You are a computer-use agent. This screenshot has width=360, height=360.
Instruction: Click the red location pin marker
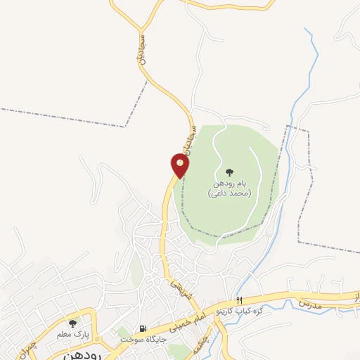pos(180,166)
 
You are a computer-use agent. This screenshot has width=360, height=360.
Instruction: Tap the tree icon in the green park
pos(229,172)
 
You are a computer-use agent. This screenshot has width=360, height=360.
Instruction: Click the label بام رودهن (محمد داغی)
pos(229,188)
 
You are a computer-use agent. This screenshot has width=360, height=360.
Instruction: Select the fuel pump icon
pos(143,328)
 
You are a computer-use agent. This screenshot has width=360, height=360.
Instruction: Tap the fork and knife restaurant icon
pos(240,301)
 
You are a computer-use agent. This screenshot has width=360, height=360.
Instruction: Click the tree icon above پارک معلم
pos(72,323)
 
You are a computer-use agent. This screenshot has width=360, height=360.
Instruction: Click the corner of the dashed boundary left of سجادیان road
pos(126,127)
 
